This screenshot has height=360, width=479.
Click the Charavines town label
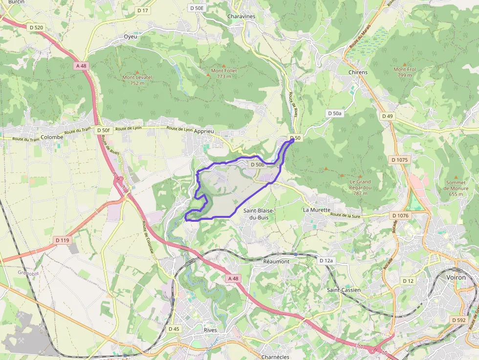click(241, 16)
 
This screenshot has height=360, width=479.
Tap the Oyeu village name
click(131, 37)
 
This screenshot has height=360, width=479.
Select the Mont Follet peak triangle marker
click(224, 65)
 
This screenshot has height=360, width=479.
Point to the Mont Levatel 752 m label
click(137, 80)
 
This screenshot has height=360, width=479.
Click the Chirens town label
click(358, 72)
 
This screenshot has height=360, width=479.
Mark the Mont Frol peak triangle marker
click(404, 64)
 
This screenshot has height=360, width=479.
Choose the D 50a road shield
click(335, 113)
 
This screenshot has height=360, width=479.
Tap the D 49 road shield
click(388, 116)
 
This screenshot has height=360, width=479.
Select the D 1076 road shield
click(401, 215)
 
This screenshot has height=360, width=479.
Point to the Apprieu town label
click(204, 131)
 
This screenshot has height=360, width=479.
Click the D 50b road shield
click(257, 165)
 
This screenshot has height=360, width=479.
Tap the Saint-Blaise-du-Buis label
click(259, 213)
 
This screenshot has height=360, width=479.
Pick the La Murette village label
click(317, 210)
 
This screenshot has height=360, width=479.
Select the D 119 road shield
click(63, 240)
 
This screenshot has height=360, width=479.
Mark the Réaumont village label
click(276, 261)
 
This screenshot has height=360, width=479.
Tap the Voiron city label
click(456, 277)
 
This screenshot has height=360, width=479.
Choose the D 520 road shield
click(36, 27)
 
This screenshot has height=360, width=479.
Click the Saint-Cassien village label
click(344, 290)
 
